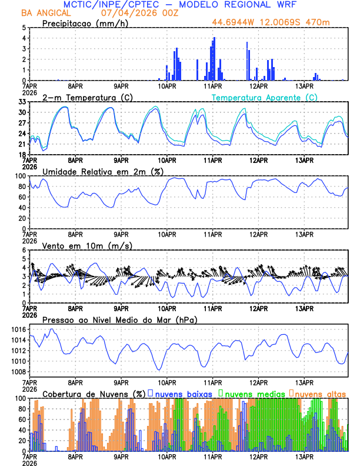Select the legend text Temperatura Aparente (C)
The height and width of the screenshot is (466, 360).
point(265,97)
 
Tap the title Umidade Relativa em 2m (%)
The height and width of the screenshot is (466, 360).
point(106,171)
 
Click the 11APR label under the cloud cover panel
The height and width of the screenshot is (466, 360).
point(213,457)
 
